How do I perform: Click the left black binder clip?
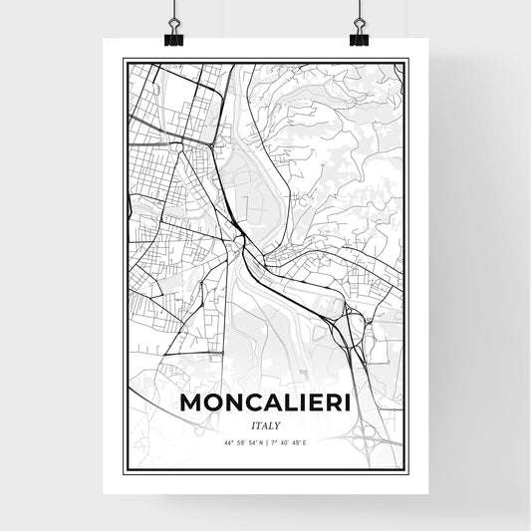(x=173, y=36)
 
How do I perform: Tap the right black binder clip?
(x=359, y=36)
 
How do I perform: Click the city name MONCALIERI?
(x=265, y=403)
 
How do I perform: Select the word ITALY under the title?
(x=265, y=424)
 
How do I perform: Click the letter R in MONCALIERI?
(x=329, y=403)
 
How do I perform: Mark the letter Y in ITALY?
(x=278, y=424)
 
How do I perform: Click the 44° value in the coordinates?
(x=230, y=441)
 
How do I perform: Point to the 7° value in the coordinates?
(x=272, y=441)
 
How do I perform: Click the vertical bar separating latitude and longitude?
(x=266, y=441)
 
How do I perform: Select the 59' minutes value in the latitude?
(x=240, y=441)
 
